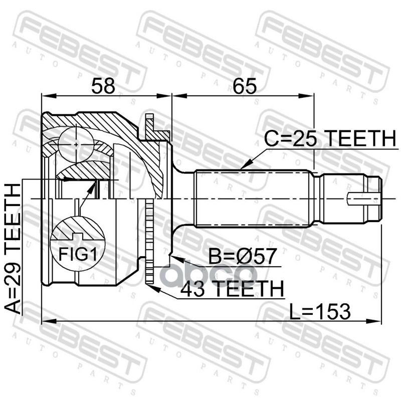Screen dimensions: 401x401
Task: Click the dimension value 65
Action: (244, 86)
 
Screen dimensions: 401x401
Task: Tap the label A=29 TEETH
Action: (15, 248)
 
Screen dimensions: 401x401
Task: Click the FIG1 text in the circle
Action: (78, 254)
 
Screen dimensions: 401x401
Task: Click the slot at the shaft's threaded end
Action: (363, 199)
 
